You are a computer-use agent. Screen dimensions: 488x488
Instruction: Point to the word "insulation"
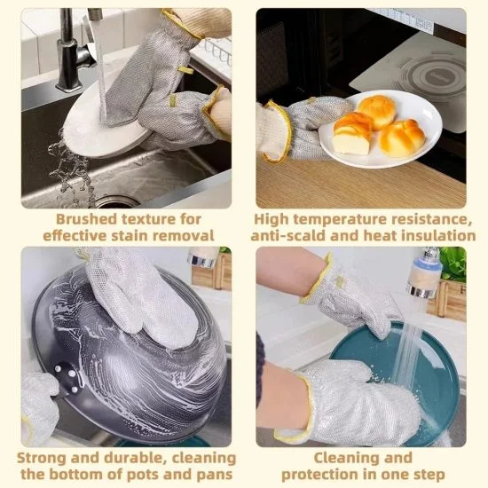[437, 235]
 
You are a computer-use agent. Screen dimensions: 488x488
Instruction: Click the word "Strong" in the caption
[42, 458]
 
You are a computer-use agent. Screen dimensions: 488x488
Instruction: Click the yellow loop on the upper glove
[185, 69]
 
